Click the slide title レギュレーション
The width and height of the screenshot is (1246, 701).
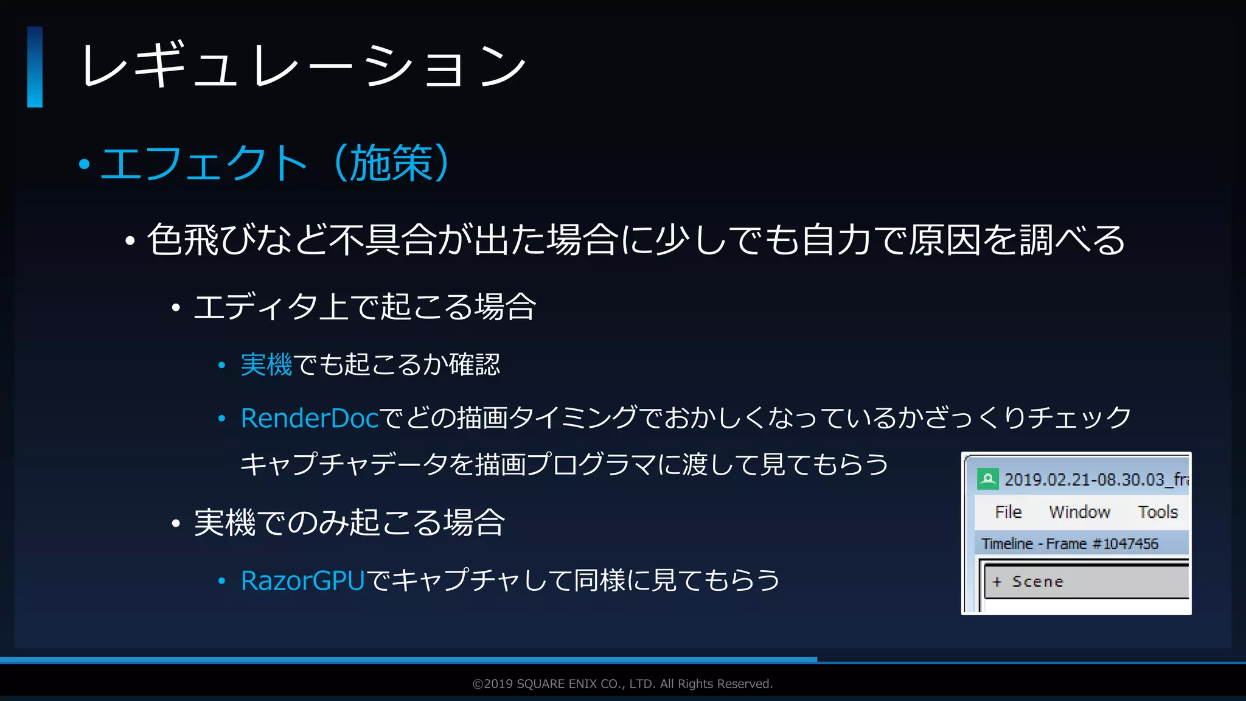(303, 66)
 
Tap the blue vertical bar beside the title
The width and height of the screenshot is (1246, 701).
(35, 67)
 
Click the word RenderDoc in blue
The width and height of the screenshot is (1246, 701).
(310, 418)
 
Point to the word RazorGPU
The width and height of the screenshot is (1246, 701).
(302, 581)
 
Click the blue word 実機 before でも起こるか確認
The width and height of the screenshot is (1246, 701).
(266, 365)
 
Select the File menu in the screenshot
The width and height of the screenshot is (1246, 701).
(1008, 512)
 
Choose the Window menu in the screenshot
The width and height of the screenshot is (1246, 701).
(1079, 512)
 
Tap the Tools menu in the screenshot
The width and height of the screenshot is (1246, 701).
(1157, 512)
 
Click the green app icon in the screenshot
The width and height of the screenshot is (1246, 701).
(987, 479)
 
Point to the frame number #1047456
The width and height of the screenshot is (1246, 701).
(1126, 543)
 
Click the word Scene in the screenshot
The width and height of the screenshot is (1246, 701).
(1037, 582)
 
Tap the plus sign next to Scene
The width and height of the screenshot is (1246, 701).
(997, 582)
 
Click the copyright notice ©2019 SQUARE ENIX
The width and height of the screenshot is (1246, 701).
(622, 684)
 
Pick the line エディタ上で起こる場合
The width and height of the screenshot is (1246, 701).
(364, 306)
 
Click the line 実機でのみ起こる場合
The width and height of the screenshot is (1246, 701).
(349, 523)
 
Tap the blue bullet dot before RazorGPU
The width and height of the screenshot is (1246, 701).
(222, 582)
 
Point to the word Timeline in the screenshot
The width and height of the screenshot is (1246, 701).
(1007, 543)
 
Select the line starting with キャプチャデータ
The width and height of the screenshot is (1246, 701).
(564, 465)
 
